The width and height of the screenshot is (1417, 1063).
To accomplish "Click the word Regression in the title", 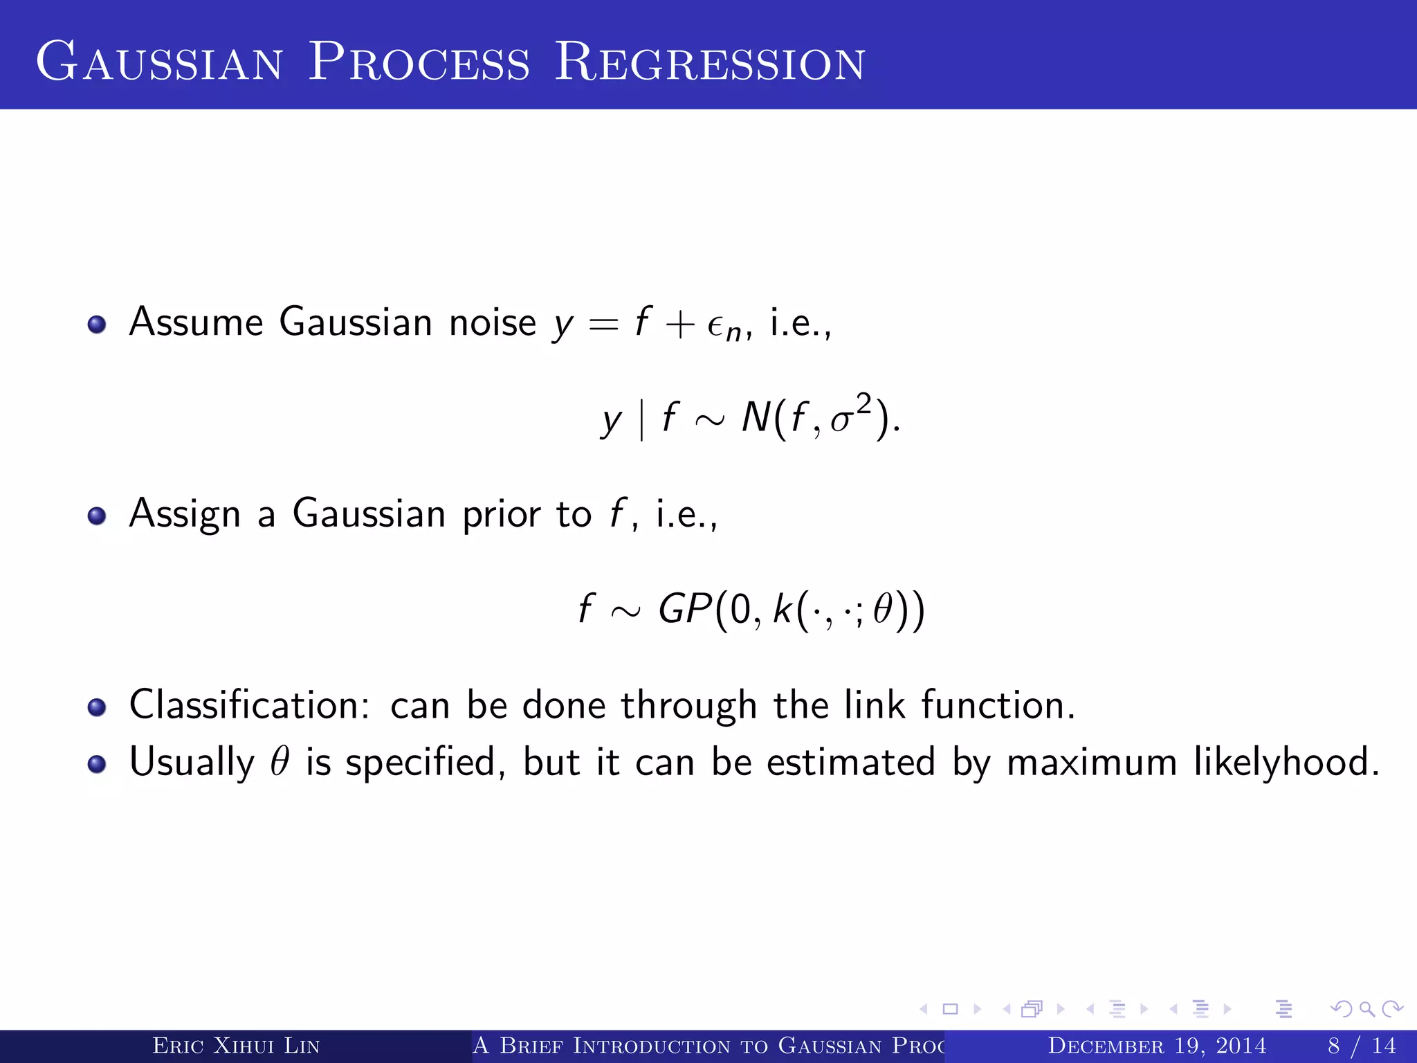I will (710, 62).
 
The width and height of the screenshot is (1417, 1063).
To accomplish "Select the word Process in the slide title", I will (419, 62).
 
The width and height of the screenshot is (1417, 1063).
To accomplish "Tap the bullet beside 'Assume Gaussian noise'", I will (97, 325).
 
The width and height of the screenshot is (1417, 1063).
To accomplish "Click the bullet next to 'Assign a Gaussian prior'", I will (97, 516).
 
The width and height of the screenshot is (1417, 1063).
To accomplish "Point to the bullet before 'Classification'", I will (97, 707).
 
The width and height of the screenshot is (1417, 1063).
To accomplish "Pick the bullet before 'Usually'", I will (97, 763).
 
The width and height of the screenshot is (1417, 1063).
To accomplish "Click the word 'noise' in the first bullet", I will (492, 323).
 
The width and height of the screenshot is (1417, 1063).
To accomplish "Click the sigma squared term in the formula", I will (850, 415).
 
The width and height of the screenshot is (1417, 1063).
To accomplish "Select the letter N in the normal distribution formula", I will (756, 418).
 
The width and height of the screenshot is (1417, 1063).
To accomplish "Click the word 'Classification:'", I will (250, 705).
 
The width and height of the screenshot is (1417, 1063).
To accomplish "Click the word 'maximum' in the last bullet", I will (1091, 763).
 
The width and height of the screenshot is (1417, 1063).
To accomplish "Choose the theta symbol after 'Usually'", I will (280, 761).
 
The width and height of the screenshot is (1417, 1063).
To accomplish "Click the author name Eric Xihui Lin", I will (236, 1046).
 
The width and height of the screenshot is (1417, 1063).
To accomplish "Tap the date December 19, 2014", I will (1157, 1046).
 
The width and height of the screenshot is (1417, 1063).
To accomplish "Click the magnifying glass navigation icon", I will (1366, 1009).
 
